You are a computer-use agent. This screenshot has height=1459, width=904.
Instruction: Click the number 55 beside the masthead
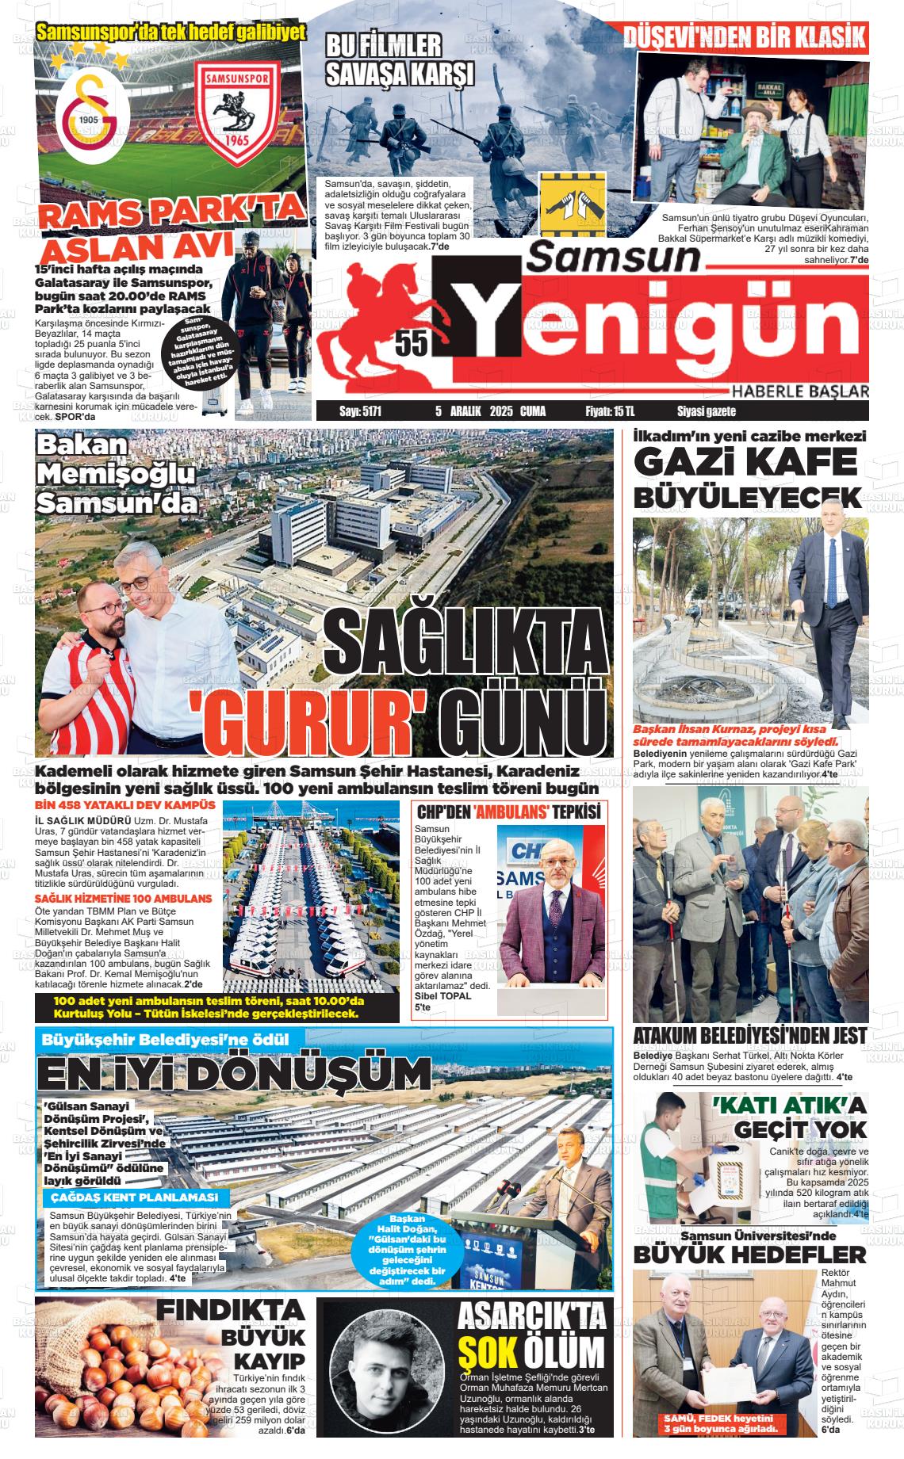click(412, 342)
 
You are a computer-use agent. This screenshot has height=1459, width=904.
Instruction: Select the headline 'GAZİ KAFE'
click(745, 462)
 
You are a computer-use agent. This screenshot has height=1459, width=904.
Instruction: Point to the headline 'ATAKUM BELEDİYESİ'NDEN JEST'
click(749, 1036)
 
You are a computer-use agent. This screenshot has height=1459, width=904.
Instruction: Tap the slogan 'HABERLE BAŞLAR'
click(800, 391)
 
